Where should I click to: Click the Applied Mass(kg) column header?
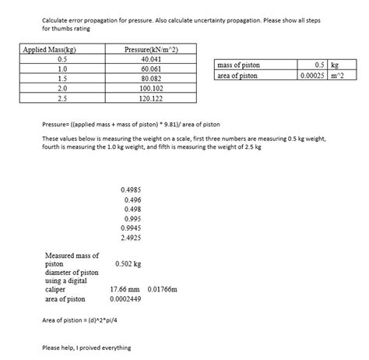pos(51,50)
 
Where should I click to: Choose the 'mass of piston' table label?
pos(241,66)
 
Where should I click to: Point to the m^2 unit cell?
pos(341,76)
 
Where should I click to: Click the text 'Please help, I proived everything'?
pos(86,348)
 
